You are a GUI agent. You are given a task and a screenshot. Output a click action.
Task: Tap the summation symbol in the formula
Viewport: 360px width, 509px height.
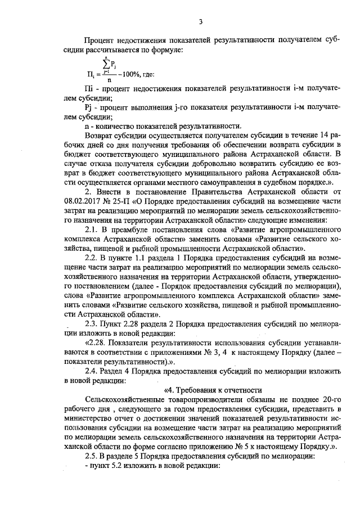(105, 65)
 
